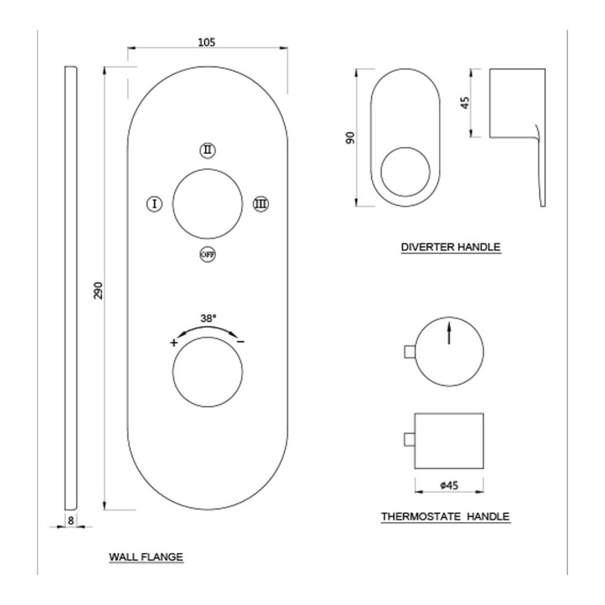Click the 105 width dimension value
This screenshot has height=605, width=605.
click(x=206, y=41)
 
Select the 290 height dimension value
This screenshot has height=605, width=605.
click(x=99, y=290)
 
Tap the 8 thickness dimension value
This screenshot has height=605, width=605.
click(x=71, y=520)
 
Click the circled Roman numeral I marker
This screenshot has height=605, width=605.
click(x=155, y=204)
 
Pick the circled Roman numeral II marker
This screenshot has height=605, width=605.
click(x=208, y=150)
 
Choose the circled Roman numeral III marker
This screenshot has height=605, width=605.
click(x=261, y=204)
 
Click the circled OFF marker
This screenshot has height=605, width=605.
click(x=208, y=254)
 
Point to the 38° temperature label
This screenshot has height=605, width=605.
click(x=208, y=318)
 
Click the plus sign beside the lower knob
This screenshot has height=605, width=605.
click(x=174, y=342)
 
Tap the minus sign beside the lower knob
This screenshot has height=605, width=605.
click(x=241, y=342)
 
